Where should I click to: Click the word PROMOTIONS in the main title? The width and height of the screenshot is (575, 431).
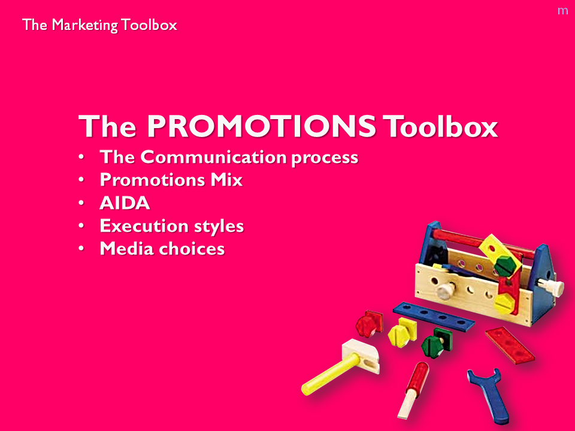click(x=262, y=126)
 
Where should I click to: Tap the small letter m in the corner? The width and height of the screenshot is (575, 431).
click(x=562, y=11)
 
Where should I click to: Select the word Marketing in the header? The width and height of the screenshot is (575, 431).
click(x=84, y=25)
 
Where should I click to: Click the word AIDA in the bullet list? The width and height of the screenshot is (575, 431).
click(x=125, y=203)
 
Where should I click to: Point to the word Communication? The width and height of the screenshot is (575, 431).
click(x=213, y=157)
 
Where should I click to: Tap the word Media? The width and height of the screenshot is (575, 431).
click(x=126, y=248)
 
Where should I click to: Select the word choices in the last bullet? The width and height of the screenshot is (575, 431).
click(x=192, y=248)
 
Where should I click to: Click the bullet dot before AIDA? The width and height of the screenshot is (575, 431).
click(x=81, y=203)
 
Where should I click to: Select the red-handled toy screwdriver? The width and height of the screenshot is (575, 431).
click(x=413, y=390)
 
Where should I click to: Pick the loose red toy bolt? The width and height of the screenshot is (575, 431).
click(x=369, y=323)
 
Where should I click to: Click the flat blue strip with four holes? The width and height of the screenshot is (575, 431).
click(x=434, y=316)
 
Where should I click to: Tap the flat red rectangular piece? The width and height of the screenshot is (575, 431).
click(x=510, y=345)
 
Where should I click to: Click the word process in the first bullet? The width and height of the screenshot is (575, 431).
click(x=325, y=158)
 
